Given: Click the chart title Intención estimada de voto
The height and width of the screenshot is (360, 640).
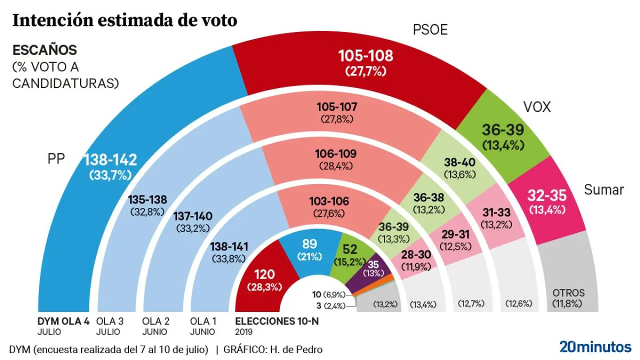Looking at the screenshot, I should [x=124, y=20].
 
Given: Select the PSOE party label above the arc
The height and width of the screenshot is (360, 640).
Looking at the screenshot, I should [x=429, y=30].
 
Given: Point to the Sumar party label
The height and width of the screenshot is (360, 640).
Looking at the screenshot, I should [x=604, y=190].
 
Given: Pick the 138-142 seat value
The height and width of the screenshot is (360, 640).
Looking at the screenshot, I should [x=110, y=160].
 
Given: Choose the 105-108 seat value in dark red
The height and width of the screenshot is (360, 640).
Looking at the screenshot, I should [x=366, y=55].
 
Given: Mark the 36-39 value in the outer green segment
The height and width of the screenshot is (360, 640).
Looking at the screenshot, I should [x=503, y=130].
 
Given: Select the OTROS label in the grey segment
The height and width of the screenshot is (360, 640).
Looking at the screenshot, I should [x=568, y=293].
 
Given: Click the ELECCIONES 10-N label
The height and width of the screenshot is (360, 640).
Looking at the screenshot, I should [x=276, y=321].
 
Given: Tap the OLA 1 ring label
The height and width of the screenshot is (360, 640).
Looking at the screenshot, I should [x=203, y=321].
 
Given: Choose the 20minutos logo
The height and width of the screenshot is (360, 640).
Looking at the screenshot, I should [x=595, y=346].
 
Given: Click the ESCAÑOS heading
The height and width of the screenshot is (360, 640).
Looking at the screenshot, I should [x=44, y=50].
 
